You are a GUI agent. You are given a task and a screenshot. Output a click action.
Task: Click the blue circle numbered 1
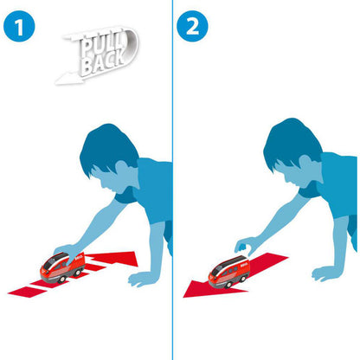(19, 26)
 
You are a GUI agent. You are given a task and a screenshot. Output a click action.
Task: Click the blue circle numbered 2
(192, 26)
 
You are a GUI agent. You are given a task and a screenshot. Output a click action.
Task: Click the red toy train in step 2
(229, 272)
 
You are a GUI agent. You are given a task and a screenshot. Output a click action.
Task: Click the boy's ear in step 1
(122, 168)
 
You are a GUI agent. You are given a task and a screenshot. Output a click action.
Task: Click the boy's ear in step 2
(305, 163)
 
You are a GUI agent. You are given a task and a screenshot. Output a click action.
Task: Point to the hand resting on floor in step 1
(140, 279)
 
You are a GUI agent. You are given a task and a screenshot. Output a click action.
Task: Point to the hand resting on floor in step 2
(325, 273)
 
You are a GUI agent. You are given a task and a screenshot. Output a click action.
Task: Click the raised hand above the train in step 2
(245, 246)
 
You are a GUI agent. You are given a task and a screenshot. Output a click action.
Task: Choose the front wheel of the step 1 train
(61, 280)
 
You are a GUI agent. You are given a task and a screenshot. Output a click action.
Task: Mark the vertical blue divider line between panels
(172, 180)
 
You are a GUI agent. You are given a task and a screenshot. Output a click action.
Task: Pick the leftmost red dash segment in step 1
(28, 292)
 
